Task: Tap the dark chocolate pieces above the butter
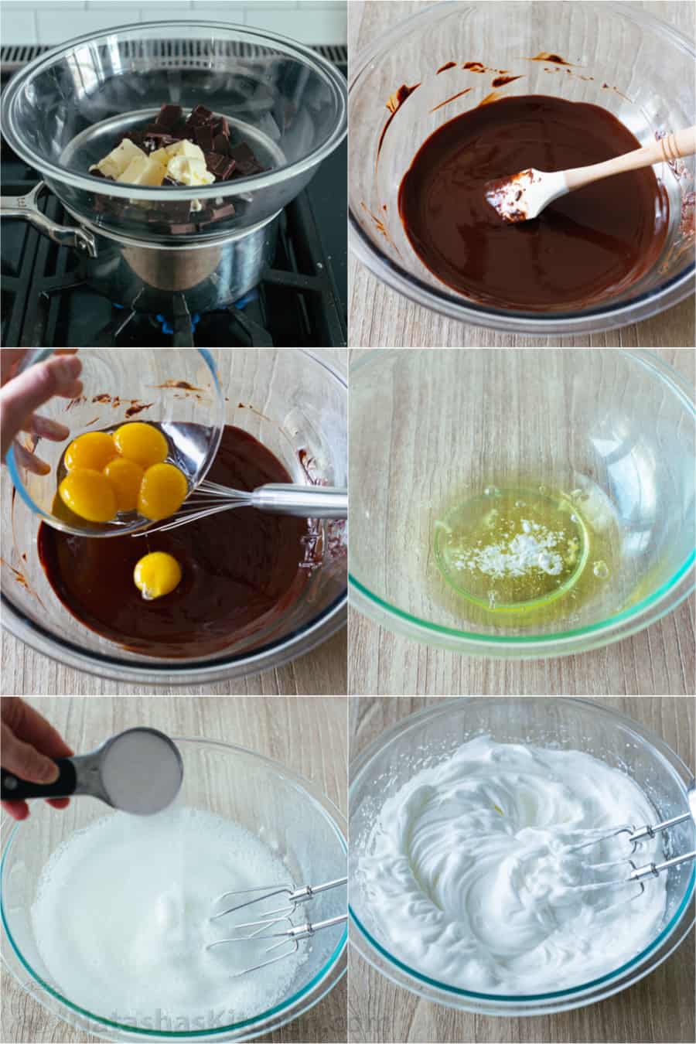[201, 131]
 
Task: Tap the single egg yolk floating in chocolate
[157, 575]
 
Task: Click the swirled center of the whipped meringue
[495, 843]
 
